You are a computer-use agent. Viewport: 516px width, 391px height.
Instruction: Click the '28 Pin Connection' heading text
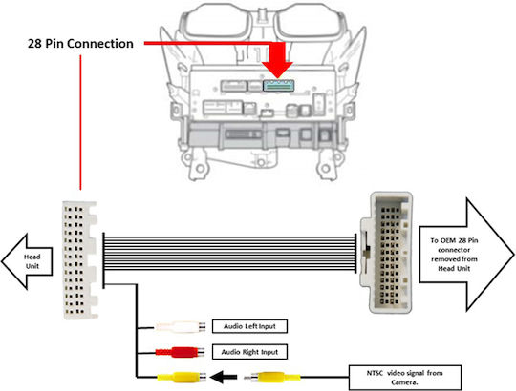point(80,44)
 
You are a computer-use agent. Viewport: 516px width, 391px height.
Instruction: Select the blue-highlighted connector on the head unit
point(278,85)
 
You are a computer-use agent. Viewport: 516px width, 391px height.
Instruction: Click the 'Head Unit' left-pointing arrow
point(27,261)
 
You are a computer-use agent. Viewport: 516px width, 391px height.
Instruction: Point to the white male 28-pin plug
point(80,260)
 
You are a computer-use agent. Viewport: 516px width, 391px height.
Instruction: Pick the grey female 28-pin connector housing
point(386,253)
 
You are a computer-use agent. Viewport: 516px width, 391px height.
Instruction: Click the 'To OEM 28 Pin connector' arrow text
point(454,255)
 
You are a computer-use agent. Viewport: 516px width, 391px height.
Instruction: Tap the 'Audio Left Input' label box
point(249,326)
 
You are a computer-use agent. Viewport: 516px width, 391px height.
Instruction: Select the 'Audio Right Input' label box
point(249,352)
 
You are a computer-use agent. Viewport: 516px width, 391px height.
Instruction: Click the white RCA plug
point(181,327)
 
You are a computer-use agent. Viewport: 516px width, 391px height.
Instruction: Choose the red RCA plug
point(180,352)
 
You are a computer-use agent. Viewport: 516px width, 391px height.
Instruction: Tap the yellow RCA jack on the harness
point(182,378)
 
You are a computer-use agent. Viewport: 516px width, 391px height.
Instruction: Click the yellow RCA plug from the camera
point(272,378)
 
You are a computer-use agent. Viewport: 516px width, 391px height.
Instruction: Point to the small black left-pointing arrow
point(223,377)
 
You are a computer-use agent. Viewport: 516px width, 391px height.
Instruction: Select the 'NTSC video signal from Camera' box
point(405,378)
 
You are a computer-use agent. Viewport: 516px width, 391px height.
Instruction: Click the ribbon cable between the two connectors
point(229,254)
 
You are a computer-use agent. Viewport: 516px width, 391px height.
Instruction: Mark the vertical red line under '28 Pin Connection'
point(80,122)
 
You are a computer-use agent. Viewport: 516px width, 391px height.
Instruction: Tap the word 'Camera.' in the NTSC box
point(404,382)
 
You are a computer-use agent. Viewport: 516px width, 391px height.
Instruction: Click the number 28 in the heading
point(34,44)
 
